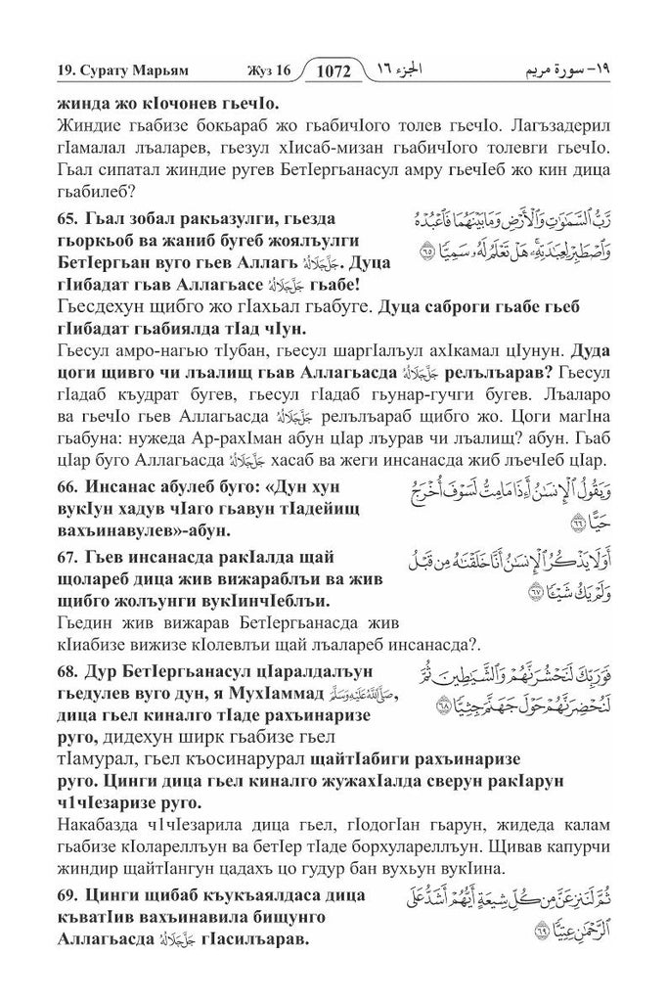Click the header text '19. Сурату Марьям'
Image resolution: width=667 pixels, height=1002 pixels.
click(103, 71)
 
